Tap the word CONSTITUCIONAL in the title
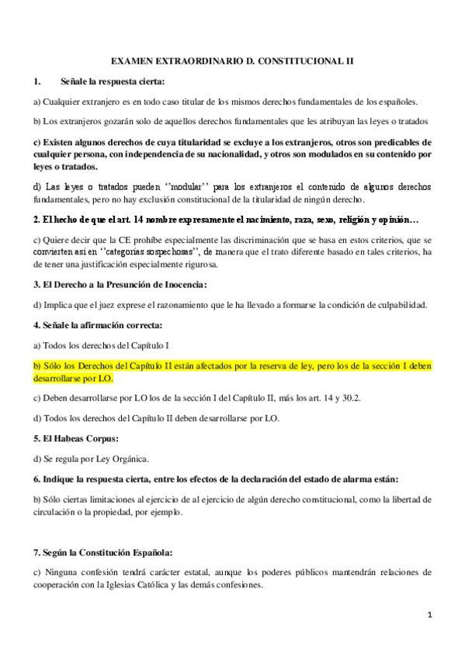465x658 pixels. (300, 59)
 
